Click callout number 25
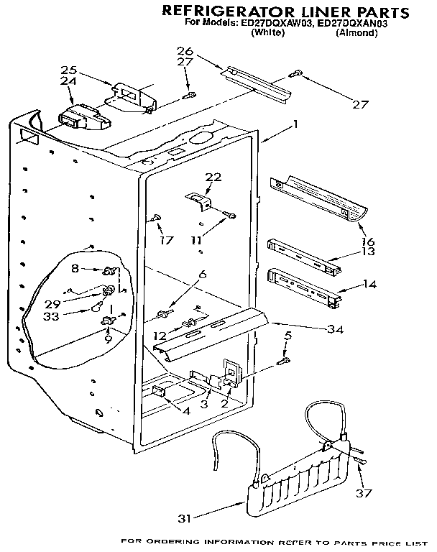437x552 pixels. (x=68, y=70)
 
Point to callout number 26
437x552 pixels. (x=185, y=50)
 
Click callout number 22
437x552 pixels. (x=213, y=177)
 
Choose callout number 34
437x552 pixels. (x=335, y=330)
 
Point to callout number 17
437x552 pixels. (x=167, y=241)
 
